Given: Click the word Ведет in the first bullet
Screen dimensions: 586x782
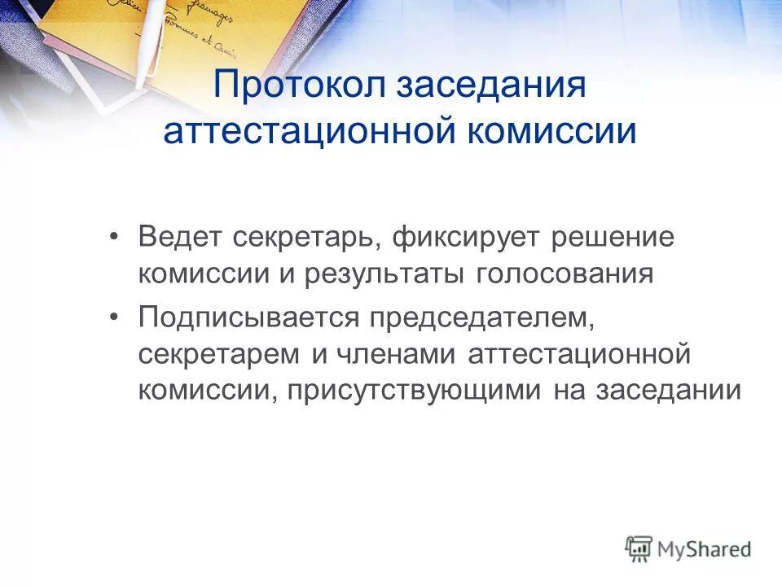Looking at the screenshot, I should (179, 238).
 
